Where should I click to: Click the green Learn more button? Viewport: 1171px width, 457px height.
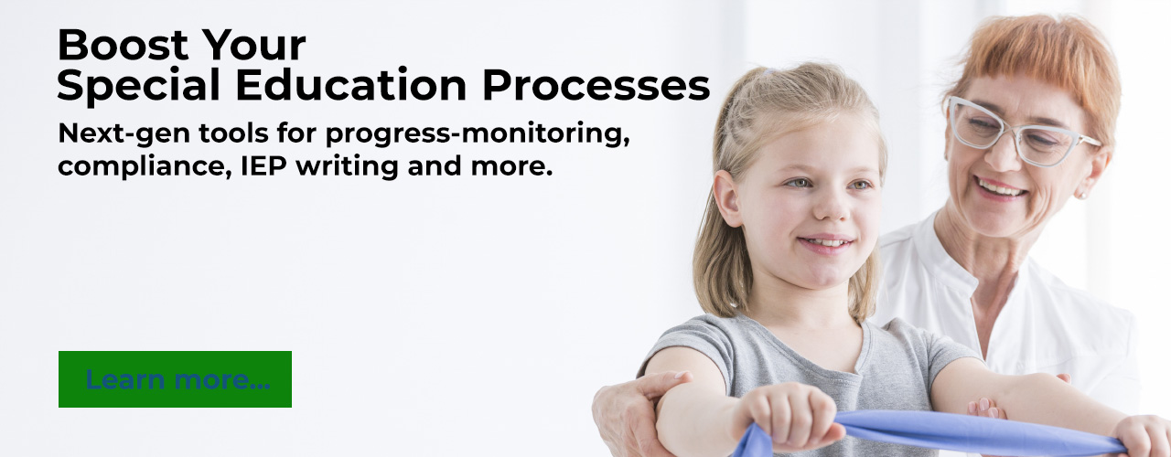tap(175, 379)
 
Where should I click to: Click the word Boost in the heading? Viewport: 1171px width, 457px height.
tap(123, 45)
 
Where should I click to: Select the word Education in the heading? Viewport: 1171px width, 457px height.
tap(350, 85)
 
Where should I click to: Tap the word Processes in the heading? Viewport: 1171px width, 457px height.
tap(596, 85)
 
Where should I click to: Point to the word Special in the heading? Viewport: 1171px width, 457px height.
tap(138, 86)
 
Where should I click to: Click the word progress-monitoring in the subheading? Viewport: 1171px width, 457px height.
tap(478, 134)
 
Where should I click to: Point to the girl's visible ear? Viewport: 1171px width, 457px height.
tap(727, 198)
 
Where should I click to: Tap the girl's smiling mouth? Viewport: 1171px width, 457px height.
tap(826, 243)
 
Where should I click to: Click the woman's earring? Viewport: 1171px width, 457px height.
tap(1080, 196)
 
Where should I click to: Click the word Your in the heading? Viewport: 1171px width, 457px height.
tap(254, 45)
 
